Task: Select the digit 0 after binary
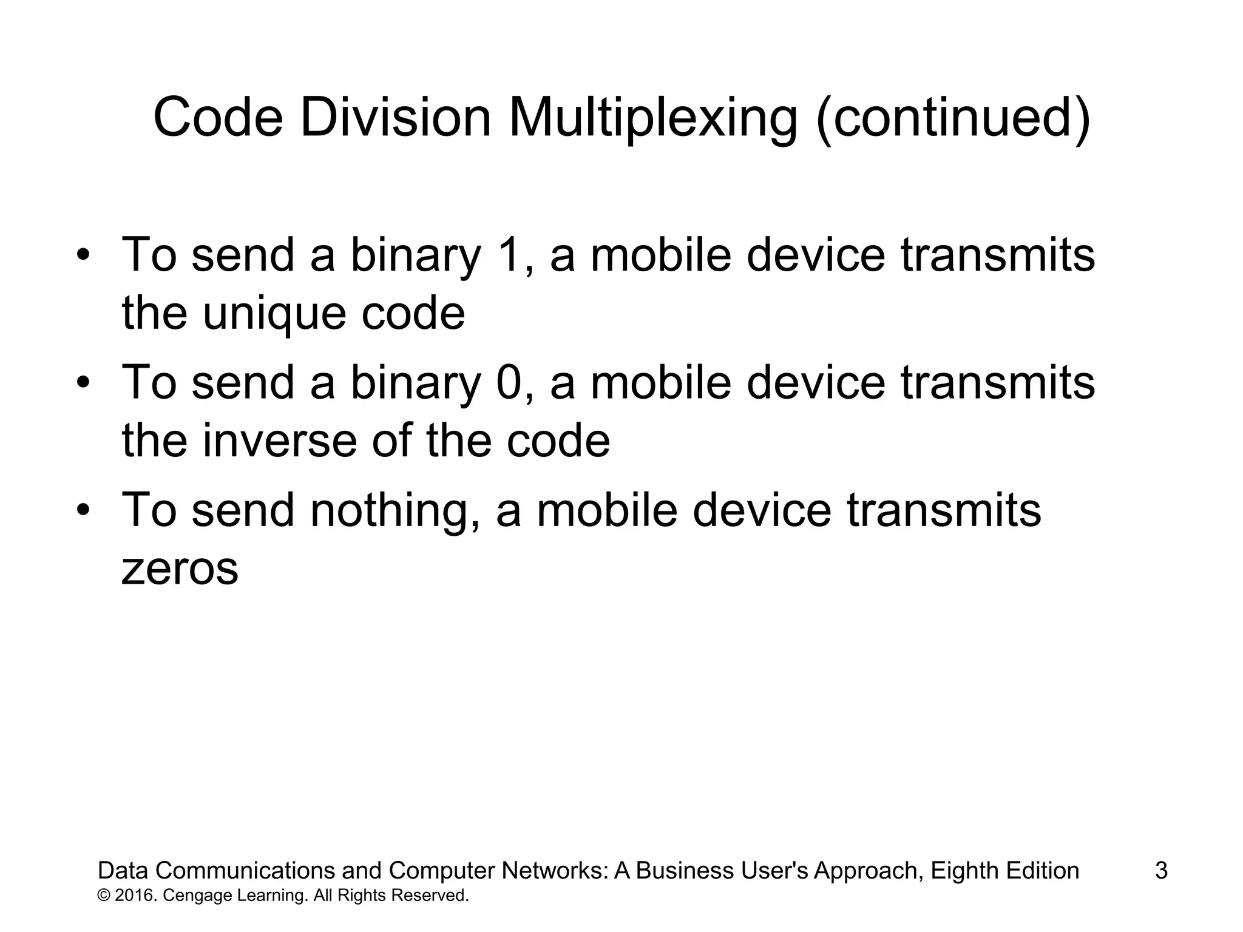click(509, 383)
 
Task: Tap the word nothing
click(395, 510)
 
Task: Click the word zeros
click(180, 570)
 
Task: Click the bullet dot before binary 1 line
click(84, 255)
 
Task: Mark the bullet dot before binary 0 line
click(84, 383)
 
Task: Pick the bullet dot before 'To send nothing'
click(84, 510)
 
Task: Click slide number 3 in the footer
click(1161, 871)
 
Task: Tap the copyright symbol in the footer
click(103, 896)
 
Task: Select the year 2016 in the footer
click(134, 896)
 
